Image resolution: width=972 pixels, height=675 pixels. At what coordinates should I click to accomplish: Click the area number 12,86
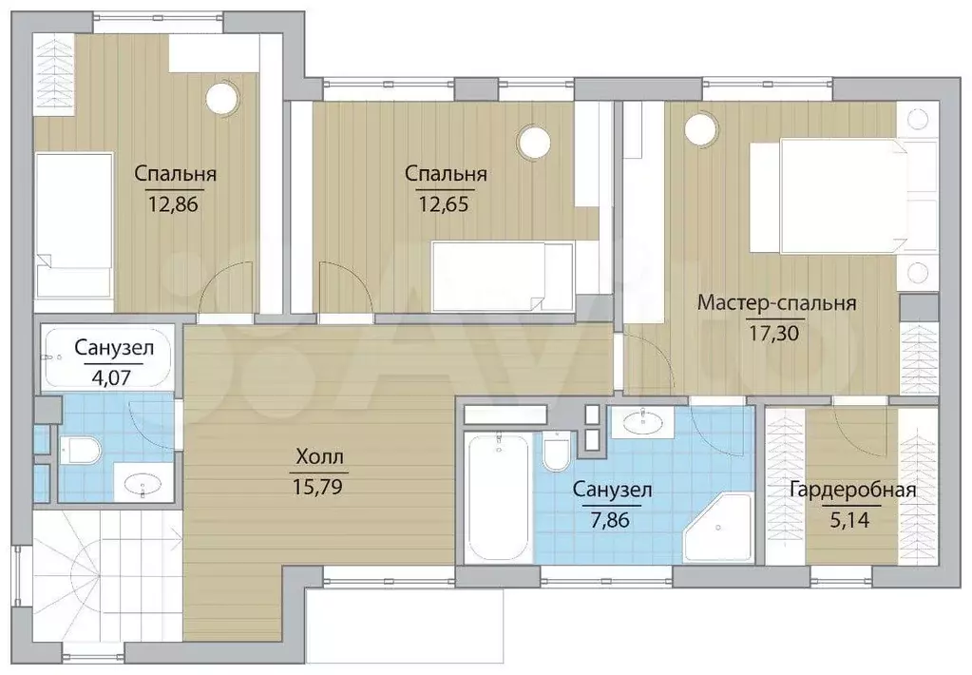[x=173, y=203]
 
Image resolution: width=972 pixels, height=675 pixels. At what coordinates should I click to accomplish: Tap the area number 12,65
[x=443, y=203]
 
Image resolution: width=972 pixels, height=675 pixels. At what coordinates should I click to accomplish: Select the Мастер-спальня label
[x=776, y=303]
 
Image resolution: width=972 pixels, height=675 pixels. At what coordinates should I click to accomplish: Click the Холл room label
[x=319, y=458]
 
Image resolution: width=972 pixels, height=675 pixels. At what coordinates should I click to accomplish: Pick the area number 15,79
[x=317, y=487]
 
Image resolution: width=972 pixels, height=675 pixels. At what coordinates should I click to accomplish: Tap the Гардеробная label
[x=852, y=491]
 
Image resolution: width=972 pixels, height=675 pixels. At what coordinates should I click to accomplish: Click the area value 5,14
[x=849, y=519]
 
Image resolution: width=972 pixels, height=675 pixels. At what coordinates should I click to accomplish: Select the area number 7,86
[x=610, y=519]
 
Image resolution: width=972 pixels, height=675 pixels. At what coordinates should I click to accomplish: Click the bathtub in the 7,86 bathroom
[x=499, y=498]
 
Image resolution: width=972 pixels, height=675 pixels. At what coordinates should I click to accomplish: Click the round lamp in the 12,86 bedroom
[x=222, y=97]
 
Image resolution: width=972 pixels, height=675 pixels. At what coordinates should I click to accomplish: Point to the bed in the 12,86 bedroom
[x=73, y=225]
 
